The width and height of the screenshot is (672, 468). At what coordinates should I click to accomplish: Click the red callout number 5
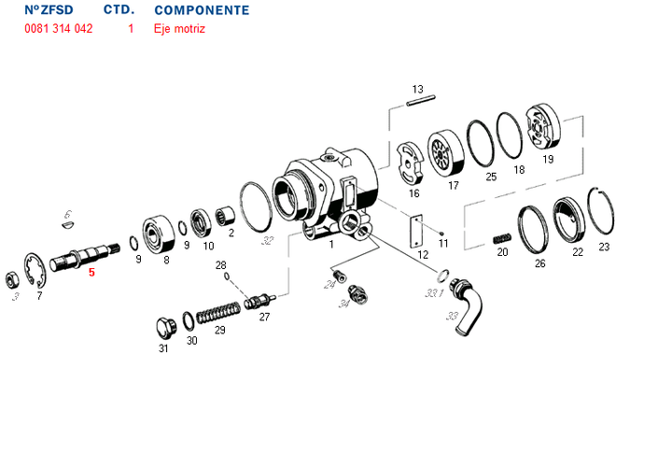tap(91, 273)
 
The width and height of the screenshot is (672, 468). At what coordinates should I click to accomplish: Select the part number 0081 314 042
tap(59, 29)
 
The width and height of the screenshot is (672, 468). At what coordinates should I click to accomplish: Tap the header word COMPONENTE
tap(202, 10)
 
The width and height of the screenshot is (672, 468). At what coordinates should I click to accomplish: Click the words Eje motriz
tap(179, 29)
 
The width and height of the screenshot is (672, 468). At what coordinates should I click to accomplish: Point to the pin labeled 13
tap(421, 100)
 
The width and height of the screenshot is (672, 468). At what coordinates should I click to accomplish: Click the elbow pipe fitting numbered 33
tap(467, 306)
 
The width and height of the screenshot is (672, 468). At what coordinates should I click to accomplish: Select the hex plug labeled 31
tap(165, 330)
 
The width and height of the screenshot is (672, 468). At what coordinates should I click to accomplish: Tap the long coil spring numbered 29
tap(218, 312)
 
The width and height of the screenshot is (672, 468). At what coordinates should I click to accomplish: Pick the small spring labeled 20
tap(502, 238)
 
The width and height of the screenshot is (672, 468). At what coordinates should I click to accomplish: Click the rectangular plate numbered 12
tap(415, 232)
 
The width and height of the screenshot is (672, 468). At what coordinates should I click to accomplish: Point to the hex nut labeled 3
tap(12, 280)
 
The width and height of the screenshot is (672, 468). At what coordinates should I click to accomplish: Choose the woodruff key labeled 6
tap(67, 224)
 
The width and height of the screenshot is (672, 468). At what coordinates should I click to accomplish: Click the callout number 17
tap(454, 186)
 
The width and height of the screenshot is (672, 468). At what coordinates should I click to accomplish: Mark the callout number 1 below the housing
tap(330, 245)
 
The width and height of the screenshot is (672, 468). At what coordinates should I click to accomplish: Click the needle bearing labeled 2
tap(225, 216)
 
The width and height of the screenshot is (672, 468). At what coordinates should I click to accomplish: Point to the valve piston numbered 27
tap(259, 300)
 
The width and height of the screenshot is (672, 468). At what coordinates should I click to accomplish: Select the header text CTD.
tap(119, 10)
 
